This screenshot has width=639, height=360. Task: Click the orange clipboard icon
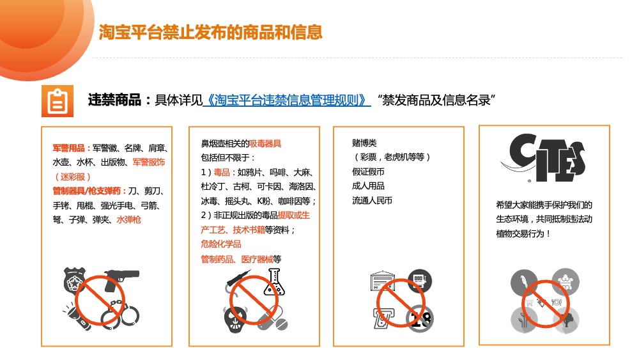point(58,101)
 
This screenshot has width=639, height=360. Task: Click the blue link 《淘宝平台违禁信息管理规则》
point(287,100)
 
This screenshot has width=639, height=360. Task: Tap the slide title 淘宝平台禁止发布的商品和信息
point(211,32)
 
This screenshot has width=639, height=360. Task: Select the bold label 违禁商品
point(114,100)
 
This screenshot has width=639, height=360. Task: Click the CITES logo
point(544,157)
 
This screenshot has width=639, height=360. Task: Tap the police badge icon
point(74,280)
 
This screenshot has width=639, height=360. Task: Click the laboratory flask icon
point(274,282)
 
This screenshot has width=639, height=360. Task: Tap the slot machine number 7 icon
point(382,318)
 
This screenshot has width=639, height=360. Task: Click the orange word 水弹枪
point(129,220)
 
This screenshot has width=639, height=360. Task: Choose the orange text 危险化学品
point(221,244)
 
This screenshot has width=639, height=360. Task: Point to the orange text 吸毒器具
point(265,143)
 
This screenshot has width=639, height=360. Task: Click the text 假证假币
point(369,171)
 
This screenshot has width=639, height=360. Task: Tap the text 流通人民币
point(372,201)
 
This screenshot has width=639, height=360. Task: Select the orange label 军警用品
point(69,148)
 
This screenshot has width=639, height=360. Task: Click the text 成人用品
point(369,186)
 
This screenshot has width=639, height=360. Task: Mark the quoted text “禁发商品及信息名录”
point(436,100)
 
